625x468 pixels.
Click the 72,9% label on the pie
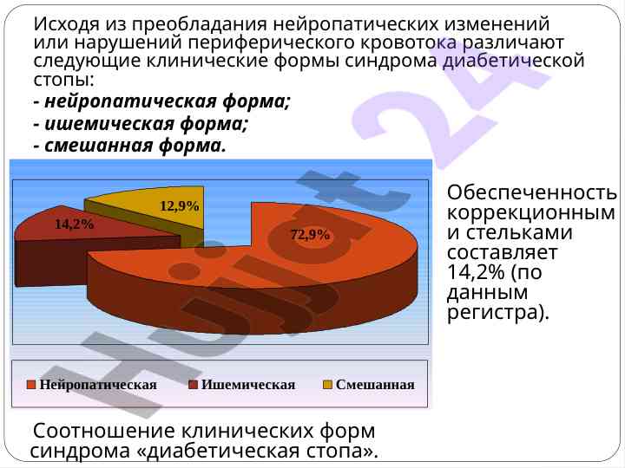[310, 235]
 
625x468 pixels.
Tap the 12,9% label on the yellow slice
[180, 205]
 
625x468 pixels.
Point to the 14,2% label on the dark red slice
[74, 224]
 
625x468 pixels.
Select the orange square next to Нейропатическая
[31, 385]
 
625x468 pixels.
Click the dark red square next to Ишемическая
[193, 385]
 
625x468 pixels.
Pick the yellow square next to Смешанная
[327, 385]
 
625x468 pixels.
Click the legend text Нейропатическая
[98, 385]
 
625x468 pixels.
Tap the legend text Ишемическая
[248, 385]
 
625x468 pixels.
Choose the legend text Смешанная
[375, 385]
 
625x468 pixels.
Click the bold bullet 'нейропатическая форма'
[167, 101]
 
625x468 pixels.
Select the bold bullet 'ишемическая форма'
[146, 124]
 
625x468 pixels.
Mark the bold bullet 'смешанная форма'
[135, 146]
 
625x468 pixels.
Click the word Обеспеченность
[532, 192]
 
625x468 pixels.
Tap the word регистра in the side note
[493, 312]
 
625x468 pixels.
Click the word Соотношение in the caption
[104, 431]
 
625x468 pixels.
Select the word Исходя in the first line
[66, 24]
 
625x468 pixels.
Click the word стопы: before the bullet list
[64, 80]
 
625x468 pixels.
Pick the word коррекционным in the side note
[531, 213]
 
